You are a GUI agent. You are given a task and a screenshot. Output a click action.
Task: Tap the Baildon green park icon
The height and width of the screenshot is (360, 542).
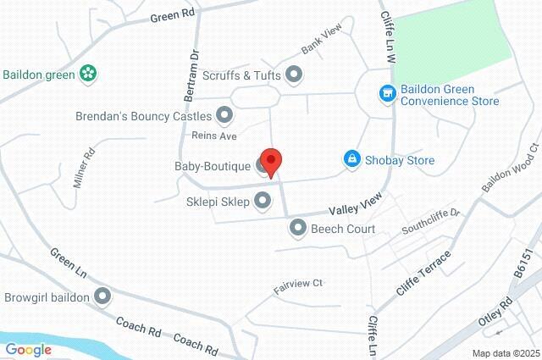pyautogui.click(x=86, y=74)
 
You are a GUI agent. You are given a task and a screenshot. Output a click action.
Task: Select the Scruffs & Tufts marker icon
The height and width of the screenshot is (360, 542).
pyautogui.click(x=294, y=75)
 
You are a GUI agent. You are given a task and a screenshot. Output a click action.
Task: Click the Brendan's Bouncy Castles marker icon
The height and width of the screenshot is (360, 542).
pyautogui.click(x=224, y=114)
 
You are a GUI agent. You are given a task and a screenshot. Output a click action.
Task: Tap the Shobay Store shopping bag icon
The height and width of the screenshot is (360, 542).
pyautogui.click(x=351, y=159)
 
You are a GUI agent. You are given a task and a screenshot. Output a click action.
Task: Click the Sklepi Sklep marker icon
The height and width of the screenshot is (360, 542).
pyautogui.click(x=263, y=201)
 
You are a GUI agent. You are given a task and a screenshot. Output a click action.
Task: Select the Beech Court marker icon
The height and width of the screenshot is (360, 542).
pyautogui.click(x=297, y=228)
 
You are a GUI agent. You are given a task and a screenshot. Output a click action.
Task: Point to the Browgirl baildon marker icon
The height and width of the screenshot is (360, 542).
pyautogui.click(x=103, y=296)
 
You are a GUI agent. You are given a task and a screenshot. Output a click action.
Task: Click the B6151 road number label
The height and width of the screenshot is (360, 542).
pyautogui.click(x=526, y=279)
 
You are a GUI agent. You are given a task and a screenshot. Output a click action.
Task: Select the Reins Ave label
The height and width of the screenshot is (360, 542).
pyautogui.click(x=214, y=136)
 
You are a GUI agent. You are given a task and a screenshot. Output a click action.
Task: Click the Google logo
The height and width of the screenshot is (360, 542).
pyautogui.click(x=28, y=349)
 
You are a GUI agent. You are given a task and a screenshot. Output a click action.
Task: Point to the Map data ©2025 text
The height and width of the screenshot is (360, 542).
pyautogui.click(x=505, y=353)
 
